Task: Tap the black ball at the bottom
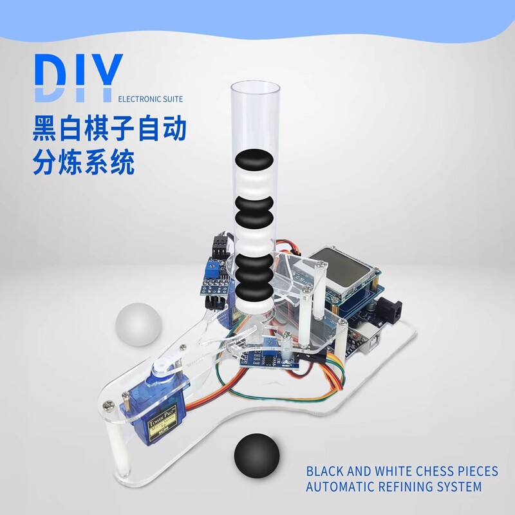coord(256,454)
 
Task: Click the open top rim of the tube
coord(256,87)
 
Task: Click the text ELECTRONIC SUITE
coord(151,99)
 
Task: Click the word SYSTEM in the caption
coord(458,487)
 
